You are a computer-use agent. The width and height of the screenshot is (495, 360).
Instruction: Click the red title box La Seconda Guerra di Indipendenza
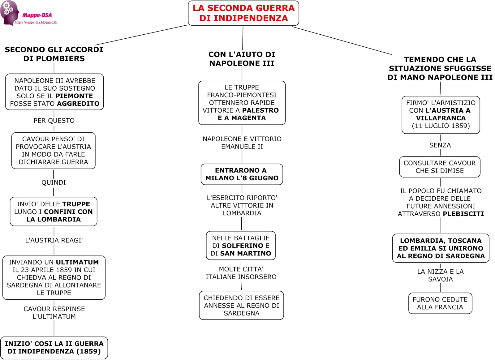pos(243,13)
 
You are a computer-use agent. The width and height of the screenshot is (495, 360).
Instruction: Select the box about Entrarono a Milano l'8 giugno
pos(242,174)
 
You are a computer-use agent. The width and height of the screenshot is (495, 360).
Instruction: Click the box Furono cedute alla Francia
pos(440,303)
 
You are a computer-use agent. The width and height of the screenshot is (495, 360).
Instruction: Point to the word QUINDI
pos(54,182)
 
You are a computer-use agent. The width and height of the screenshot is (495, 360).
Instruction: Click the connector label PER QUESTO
pos(54,121)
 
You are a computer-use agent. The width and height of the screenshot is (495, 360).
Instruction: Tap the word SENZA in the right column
pos(440,145)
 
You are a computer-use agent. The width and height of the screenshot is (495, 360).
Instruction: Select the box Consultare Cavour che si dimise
pos(440,167)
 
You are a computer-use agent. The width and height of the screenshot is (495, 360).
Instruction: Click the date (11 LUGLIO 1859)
pos(441,126)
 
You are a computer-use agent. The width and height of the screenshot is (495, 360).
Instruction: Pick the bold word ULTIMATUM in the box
pos(77,262)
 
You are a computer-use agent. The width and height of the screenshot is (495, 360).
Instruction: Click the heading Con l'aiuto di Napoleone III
pos(242,59)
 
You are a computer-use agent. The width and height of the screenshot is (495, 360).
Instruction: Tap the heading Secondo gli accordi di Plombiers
pos(54,54)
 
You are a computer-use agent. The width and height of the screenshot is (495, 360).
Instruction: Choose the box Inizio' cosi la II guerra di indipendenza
pos(54,348)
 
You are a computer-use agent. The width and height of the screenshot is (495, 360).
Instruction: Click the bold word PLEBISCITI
pos(463,214)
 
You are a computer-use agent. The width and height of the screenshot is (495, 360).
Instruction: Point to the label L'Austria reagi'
pos(54,240)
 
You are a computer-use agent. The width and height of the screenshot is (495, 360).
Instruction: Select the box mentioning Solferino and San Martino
pos(241,246)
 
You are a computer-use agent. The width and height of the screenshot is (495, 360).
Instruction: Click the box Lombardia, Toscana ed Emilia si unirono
pos(441,248)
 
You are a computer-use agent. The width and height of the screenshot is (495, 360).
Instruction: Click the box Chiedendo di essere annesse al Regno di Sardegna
pos(241,305)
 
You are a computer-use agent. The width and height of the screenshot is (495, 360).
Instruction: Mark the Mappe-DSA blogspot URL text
pos(36,22)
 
